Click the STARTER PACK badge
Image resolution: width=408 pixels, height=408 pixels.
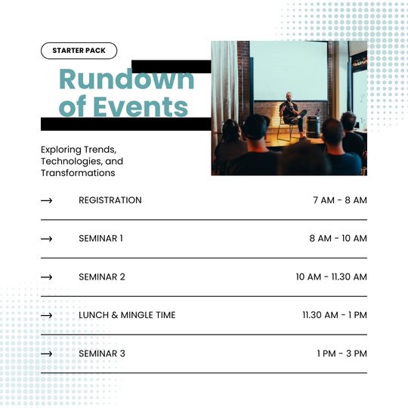point(79,51)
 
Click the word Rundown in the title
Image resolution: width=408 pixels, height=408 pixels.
point(127,79)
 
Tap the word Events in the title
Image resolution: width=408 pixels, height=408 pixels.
point(141,107)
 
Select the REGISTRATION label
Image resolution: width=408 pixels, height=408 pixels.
point(110,200)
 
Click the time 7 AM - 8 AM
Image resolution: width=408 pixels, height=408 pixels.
point(340,200)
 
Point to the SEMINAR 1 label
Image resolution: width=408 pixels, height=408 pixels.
point(100,238)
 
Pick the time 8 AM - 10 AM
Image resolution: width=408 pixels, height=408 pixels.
point(338,238)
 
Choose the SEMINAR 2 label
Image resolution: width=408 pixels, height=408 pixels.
point(102,277)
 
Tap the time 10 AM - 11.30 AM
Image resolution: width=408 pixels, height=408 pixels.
point(331,277)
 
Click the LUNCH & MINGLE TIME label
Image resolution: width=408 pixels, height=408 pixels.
point(127,315)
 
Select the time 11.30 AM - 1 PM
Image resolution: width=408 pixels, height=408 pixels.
point(335,315)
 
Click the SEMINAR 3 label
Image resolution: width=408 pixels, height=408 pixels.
point(102,354)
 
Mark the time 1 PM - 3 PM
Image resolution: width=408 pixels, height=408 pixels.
point(342,354)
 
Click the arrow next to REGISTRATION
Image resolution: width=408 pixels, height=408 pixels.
point(47,200)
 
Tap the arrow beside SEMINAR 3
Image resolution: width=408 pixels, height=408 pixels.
point(47,354)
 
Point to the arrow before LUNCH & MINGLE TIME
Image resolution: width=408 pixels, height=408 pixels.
point(47,316)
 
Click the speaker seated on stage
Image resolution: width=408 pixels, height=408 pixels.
point(292,115)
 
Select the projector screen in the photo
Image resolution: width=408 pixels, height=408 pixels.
point(289,71)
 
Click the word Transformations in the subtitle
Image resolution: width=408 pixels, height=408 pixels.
point(78,173)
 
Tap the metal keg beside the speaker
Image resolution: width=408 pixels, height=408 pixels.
point(313,126)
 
